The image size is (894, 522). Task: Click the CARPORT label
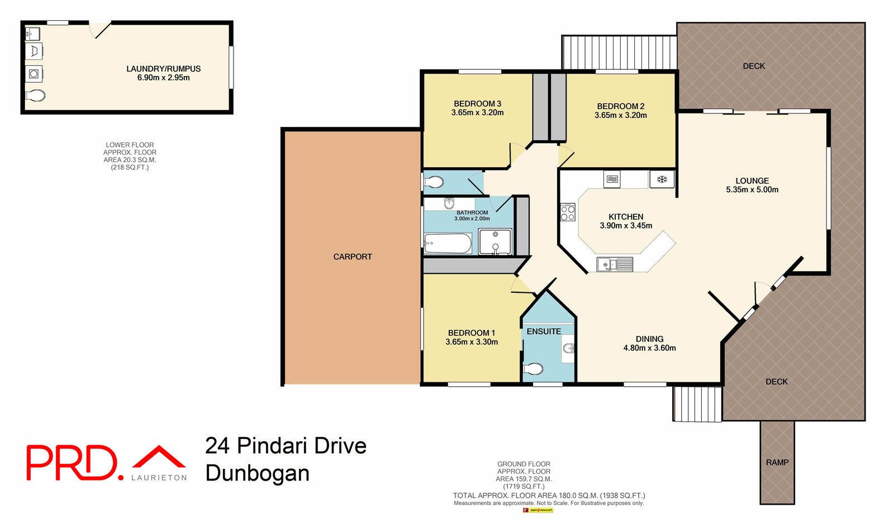[353, 257]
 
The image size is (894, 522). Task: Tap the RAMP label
[777, 462]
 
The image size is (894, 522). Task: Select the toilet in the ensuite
[534, 369]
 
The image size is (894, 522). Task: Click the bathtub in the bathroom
[448, 244]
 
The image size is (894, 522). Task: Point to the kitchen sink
[615, 264]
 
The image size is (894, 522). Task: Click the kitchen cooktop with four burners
[568, 212]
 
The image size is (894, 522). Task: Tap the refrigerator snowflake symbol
[662, 179]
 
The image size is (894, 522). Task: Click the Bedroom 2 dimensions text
[620, 115]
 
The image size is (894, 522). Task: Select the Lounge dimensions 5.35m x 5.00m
[752, 189]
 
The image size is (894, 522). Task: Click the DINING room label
[649, 339]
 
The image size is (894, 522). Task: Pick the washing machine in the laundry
[34, 74]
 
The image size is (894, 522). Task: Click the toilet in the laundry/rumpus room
[35, 96]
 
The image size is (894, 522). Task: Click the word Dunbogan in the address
[257, 473]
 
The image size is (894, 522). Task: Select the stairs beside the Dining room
[697, 404]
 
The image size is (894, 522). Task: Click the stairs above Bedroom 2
[619, 53]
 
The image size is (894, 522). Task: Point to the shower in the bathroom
[495, 242]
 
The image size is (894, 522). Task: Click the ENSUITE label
[544, 331]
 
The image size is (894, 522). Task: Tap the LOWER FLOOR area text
[130, 156]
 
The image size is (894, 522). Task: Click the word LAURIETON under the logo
[159, 477]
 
